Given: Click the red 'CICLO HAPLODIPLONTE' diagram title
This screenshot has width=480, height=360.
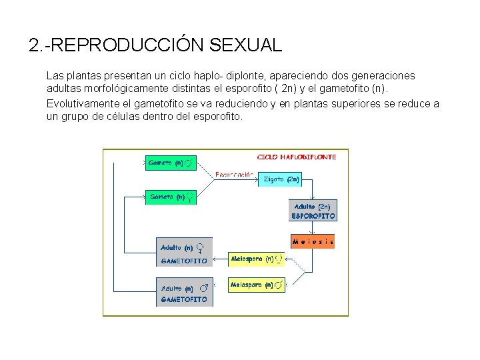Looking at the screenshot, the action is [x=297, y=157].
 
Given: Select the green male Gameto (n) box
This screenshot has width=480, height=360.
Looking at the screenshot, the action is [x=171, y=163].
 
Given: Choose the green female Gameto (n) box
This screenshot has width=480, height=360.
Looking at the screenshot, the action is [x=171, y=197].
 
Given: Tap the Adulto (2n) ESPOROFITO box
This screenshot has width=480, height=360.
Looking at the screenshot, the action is [x=313, y=211].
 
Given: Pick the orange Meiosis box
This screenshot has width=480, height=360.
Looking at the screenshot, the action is [x=313, y=241].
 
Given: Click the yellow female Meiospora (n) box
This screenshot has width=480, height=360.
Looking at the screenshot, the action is [x=256, y=259].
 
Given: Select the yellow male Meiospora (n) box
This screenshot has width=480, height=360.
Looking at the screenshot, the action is [x=256, y=285].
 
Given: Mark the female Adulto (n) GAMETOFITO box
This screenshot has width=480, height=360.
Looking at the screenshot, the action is [x=184, y=253].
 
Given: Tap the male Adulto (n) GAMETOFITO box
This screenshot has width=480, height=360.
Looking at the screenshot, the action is [x=184, y=293].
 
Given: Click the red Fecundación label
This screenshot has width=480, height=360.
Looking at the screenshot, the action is [x=234, y=175].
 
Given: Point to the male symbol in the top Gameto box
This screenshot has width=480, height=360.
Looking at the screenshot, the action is [x=190, y=163].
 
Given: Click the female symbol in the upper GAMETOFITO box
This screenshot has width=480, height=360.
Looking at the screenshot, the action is [x=200, y=247].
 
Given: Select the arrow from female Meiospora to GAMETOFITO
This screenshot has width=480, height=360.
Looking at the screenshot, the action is [x=221, y=259].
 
